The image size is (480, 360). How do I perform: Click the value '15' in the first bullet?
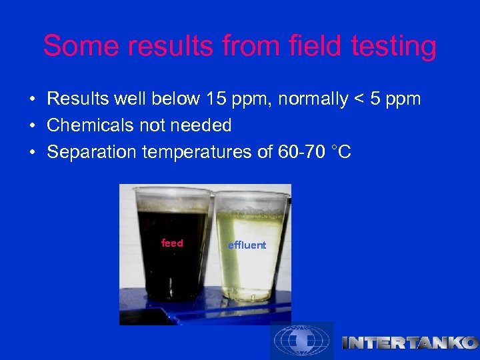pyautogui.click(x=214, y=99)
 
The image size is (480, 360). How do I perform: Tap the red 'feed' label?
pyautogui.click(x=172, y=243)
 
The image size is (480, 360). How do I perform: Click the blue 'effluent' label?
pyautogui.click(x=247, y=245)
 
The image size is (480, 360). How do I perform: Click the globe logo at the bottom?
pyautogui.click(x=301, y=341)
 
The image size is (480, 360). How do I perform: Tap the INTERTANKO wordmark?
pyautogui.click(x=409, y=343)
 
